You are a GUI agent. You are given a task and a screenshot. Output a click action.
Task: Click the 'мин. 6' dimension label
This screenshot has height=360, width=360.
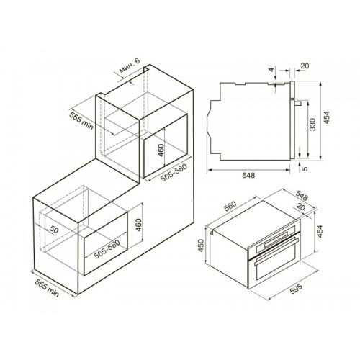[130, 66]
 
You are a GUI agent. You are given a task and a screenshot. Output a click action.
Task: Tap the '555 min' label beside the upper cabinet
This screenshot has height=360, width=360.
[81, 121]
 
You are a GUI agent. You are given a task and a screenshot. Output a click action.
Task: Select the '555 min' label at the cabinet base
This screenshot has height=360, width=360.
[47, 288]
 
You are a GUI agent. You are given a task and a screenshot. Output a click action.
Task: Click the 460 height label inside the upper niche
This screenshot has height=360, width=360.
[161, 150]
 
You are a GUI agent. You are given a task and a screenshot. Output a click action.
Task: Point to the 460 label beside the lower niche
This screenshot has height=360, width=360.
[139, 225]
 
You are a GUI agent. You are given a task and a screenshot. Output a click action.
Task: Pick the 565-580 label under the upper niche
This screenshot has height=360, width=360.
[174, 173]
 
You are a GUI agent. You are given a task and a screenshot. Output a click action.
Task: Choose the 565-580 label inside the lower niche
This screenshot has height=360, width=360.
[107, 250]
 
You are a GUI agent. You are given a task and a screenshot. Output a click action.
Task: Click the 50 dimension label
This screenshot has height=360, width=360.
[54, 230]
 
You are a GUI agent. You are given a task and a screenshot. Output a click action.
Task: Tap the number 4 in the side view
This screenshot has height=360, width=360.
[271, 70]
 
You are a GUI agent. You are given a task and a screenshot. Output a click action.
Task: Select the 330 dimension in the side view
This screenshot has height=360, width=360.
[312, 124]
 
